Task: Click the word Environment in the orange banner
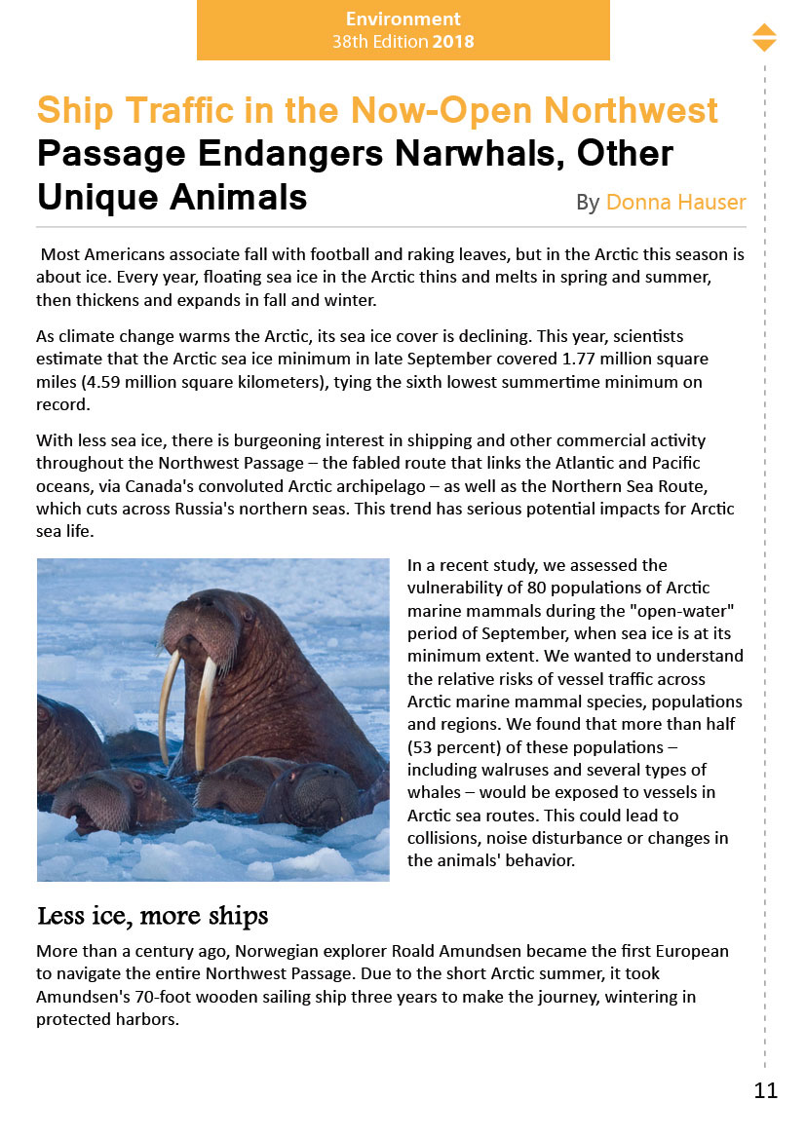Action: point(403,19)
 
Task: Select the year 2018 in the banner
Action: point(453,42)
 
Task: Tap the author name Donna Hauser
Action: point(675,203)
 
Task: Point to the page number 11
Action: point(766,1091)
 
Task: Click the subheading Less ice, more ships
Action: point(152,917)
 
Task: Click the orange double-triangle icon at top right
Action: point(764,38)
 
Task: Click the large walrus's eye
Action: point(247,617)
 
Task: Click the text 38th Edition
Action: point(380,42)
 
